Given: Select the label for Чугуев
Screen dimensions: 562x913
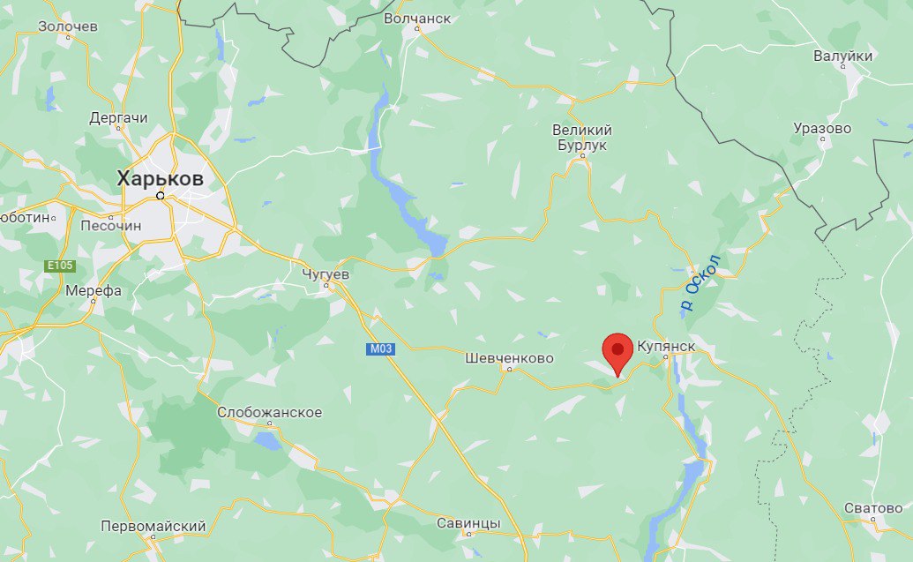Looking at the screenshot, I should click(326, 274).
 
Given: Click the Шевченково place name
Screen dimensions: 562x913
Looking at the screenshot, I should click(509, 358).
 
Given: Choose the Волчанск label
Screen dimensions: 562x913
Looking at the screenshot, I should click(420, 18).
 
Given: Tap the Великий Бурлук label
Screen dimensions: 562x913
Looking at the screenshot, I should click(581, 138).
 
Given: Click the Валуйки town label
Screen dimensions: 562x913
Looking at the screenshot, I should click(843, 56).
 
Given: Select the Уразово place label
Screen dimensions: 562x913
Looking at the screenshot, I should click(822, 128).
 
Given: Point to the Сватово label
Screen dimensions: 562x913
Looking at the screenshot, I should click(873, 508).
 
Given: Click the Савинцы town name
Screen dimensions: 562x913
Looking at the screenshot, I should click(468, 523).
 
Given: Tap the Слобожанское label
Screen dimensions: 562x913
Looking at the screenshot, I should click(269, 413).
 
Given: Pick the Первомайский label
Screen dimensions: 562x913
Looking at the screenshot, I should click(153, 526).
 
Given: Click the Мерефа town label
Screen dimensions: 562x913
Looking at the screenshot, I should click(94, 290).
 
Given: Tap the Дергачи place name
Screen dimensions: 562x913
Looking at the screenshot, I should click(119, 117).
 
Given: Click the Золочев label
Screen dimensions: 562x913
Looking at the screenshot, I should click(68, 26).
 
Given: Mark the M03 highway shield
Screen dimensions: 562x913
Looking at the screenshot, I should click(380, 349).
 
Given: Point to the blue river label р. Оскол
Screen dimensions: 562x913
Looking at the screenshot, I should click(700, 282).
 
